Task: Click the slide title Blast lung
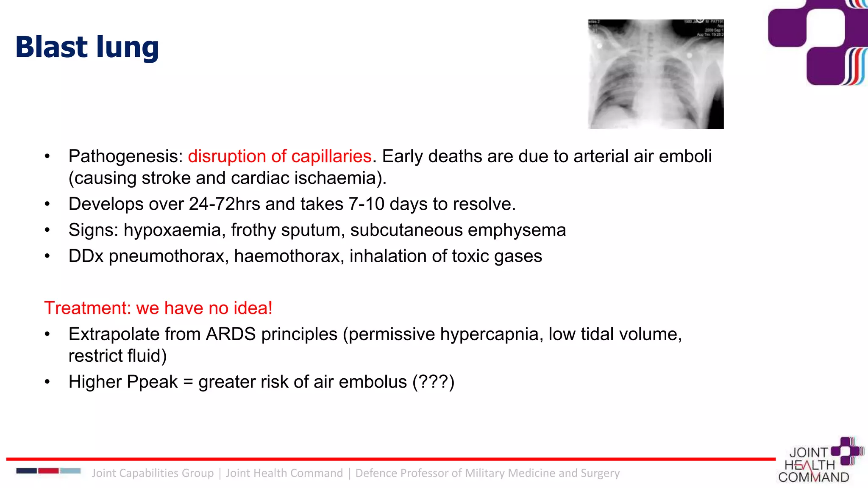point(87,47)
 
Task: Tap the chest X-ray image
point(655,74)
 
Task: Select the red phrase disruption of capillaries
point(280,156)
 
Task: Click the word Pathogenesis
point(125,156)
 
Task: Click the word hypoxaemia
point(172,230)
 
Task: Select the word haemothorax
point(289,256)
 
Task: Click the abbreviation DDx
point(86,256)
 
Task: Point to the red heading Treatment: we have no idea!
point(158,308)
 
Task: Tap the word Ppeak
point(152,382)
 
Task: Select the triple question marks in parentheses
point(433,382)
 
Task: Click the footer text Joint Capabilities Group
point(153,473)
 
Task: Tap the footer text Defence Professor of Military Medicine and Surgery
point(487,473)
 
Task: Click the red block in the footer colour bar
point(48,471)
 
